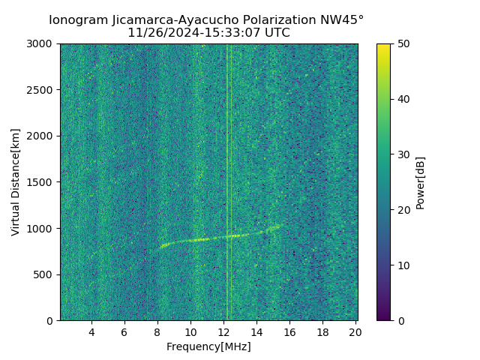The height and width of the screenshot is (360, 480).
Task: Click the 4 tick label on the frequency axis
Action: (91, 332)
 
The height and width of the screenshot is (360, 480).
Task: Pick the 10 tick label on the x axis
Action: (190, 332)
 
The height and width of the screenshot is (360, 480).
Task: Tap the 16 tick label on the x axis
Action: (289, 332)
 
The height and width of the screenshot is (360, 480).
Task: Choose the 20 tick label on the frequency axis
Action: (355, 332)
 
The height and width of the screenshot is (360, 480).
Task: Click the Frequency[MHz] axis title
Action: (208, 346)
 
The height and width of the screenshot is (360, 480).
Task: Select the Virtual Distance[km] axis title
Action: (16, 182)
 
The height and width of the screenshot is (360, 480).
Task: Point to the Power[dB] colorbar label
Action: (421, 182)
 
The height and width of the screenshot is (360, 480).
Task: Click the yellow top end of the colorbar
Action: (383, 46)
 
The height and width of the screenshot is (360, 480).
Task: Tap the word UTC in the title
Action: (275, 33)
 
